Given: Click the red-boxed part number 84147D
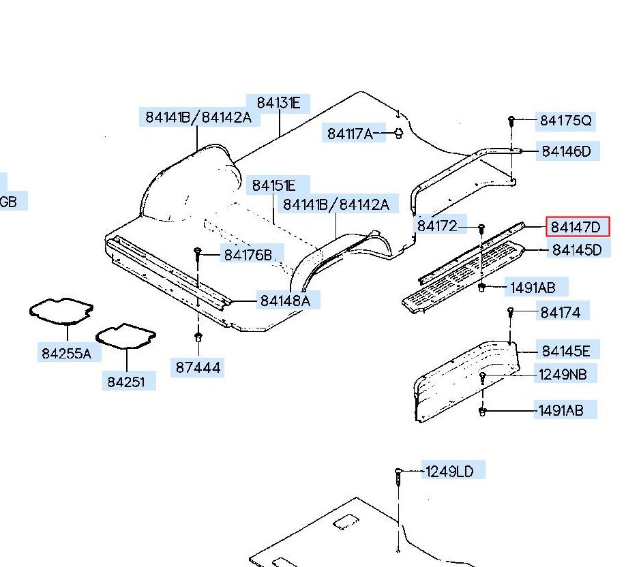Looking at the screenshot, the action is tap(576, 227).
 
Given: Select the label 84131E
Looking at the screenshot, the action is tap(278, 103).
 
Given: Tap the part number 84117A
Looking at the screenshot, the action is tap(350, 134).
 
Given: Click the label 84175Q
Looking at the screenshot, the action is tap(566, 121).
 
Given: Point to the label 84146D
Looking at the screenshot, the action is tap(566, 151).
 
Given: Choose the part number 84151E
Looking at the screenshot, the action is tap(274, 185).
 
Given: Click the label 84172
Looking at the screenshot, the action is tap(437, 226).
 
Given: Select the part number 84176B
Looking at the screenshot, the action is tap(248, 255).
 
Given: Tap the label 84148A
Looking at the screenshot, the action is tap(285, 301).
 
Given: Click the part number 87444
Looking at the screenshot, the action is tap(198, 367).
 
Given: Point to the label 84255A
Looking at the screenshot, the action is tap(66, 354).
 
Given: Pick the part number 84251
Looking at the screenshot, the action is tap(126, 382).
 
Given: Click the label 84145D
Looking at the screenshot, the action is tap(576, 250).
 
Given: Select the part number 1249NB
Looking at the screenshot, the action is tap(563, 375).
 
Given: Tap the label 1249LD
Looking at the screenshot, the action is tap(449, 472).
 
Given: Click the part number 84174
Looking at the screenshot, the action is tap(560, 313).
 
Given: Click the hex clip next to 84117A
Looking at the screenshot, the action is tap(398, 134).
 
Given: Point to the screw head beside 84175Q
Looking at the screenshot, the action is tap(511, 119).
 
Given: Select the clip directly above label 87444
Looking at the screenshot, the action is tap(198, 337).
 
